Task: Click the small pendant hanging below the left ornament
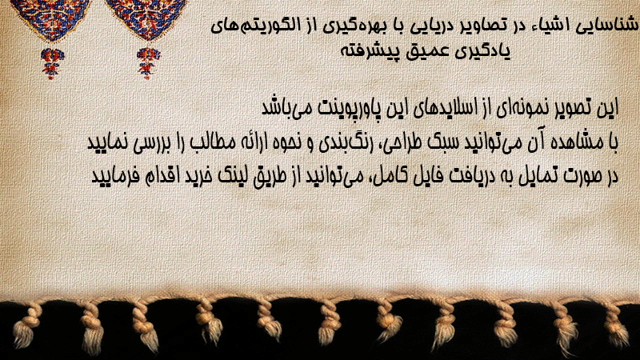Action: coord(51,63)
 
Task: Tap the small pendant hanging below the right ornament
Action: coord(148,63)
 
